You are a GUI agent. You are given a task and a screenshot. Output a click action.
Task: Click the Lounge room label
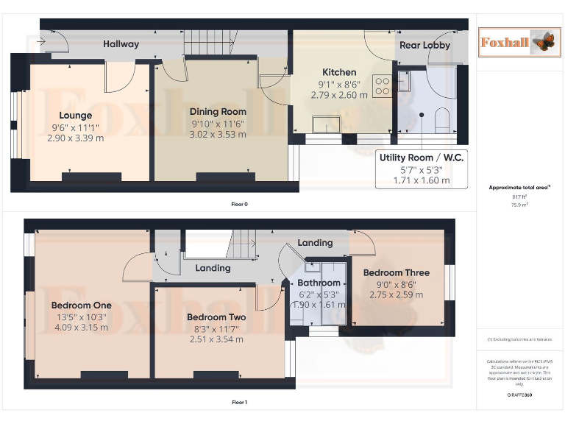[x=75, y=116]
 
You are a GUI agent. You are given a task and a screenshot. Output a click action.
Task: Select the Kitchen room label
[x=338, y=72]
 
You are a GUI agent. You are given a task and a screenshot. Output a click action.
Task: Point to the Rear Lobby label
[x=424, y=45]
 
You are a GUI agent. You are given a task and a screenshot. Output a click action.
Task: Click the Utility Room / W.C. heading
[x=422, y=158]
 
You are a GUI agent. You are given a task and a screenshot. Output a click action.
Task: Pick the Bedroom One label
[x=81, y=305]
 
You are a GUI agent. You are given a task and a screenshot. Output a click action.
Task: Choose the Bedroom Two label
[x=216, y=317]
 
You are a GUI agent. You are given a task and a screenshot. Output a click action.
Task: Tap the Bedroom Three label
[x=396, y=273]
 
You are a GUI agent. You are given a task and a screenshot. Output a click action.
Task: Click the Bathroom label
[x=319, y=283]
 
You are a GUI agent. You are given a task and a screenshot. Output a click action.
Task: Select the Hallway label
[x=121, y=44]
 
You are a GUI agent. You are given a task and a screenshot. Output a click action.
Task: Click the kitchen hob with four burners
[x=383, y=87]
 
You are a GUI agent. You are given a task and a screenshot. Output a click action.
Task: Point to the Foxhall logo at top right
[x=516, y=41]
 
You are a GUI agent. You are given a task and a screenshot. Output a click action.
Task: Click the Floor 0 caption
[x=239, y=204]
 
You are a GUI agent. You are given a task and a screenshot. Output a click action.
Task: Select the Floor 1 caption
[x=239, y=403]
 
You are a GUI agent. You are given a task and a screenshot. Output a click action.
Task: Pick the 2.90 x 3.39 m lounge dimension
[x=75, y=138]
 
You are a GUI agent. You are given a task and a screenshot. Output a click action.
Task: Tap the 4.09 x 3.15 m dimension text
[x=81, y=328]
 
